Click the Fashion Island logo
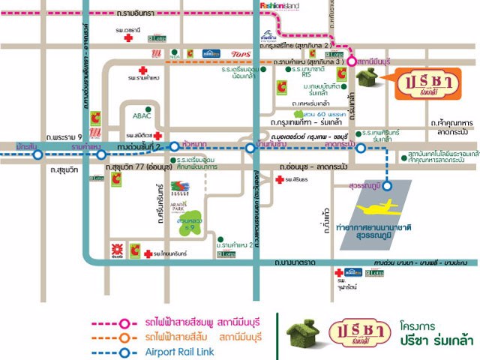[x=280, y=6]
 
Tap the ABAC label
[x=142, y=116]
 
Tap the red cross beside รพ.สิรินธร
[x=279, y=180]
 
